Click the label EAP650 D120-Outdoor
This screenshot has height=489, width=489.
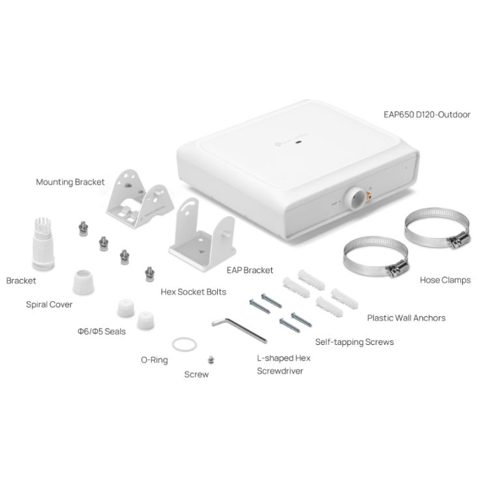coord(426,115)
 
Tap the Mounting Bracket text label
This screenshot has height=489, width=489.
coord(70,182)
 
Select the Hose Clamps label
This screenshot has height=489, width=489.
coord(445,280)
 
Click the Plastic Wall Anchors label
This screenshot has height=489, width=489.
coord(406,318)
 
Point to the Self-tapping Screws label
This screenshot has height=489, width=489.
coord(354,342)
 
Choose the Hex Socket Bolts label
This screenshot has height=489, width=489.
coord(194,292)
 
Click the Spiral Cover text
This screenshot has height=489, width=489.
coord(49,304)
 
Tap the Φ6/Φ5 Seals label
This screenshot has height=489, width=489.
coord(101,331)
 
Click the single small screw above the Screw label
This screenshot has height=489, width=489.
coord(211,360)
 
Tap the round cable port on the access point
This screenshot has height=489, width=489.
coord(355,198)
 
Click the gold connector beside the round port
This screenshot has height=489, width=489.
coord(369,196)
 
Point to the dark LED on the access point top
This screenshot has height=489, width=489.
coord(299,143)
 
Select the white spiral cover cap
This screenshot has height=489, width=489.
coord(83,282)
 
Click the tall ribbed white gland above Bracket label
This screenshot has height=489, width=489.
coord(43,244)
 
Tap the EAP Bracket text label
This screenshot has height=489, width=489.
coord(250,271)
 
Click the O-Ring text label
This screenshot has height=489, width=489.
coord(155,360)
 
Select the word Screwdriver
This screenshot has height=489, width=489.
coord(280,371)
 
